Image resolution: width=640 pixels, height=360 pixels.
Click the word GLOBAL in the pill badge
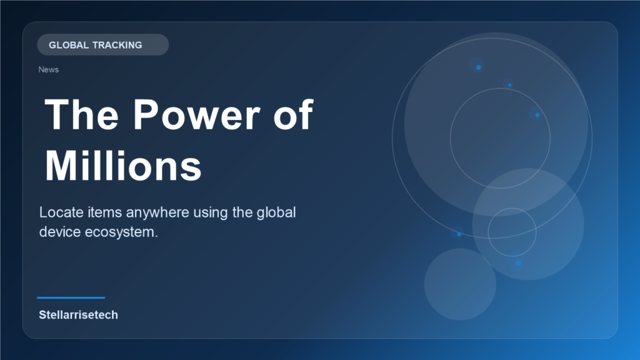pos(68,45)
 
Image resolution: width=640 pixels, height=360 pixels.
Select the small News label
pos(48,69)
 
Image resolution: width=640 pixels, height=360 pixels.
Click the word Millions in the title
pos(123,166)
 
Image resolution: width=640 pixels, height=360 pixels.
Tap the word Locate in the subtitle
pos(59,212)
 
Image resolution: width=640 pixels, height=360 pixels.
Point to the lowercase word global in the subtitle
pos(276,212)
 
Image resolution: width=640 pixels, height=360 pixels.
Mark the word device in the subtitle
pos(59,231)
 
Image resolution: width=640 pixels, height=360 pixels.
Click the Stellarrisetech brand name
pos(78,314)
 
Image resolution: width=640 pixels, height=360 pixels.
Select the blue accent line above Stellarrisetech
pos(71,297)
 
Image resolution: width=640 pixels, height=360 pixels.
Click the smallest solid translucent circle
pos(460,284)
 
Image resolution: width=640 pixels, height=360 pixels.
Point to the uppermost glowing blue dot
pos(478,67)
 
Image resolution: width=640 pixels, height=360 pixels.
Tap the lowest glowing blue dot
pos(518,263)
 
